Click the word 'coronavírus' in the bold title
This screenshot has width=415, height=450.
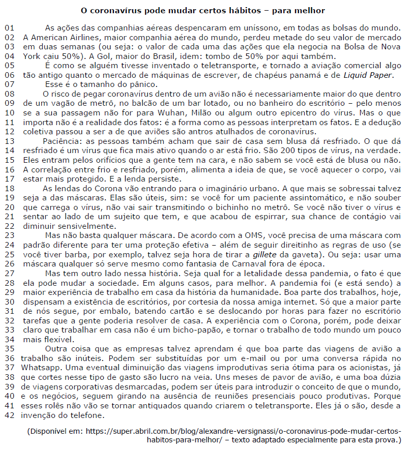tap(117, 10)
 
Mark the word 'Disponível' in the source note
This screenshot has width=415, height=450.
tap(51, 431)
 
